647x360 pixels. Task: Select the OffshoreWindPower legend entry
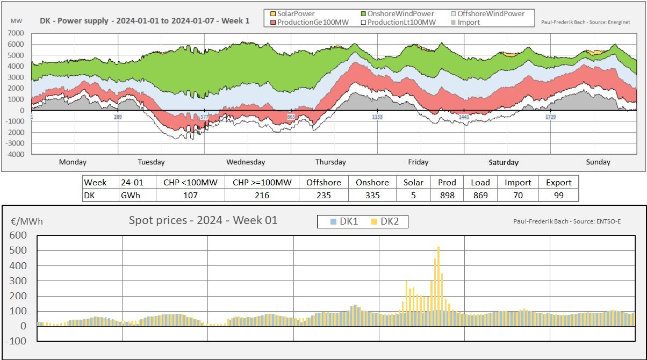point(488,13)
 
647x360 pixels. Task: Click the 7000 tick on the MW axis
point(16,33)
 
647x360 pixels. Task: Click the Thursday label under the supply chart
point(330,162)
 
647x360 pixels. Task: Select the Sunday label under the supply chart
point(598,162)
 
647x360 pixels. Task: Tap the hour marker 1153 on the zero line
point(377,117)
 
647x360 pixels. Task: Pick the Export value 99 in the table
point(559,195)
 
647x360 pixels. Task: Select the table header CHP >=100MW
point(262,183)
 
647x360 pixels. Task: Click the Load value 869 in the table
point(480,195)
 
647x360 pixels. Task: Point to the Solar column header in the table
point(413,183)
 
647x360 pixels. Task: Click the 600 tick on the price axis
point(19,235)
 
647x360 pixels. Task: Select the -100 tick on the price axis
point(17,341)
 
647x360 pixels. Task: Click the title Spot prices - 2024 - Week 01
point(203,220)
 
